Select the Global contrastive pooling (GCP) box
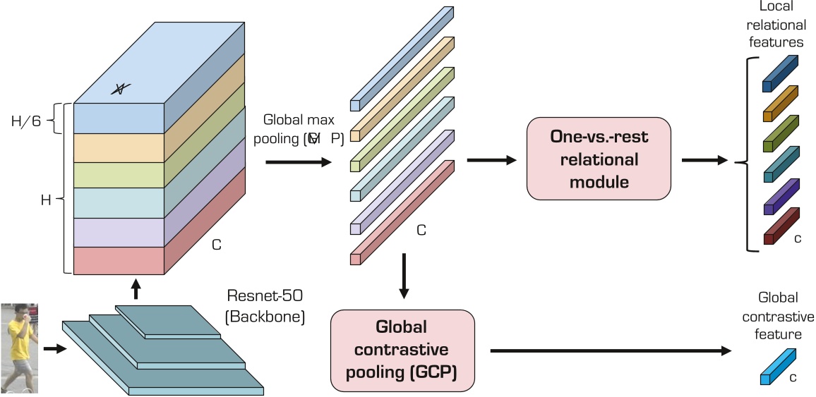(x=402, y=348)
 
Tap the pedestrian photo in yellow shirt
(x=19, y=348)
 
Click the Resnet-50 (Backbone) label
(x=264, y=306)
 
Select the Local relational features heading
(x=776, y=25)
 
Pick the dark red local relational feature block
(x=779, y=226)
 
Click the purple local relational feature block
(x=779, y=197)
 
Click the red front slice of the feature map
(x=118, y=260)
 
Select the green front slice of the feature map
(x=118, y=173)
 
